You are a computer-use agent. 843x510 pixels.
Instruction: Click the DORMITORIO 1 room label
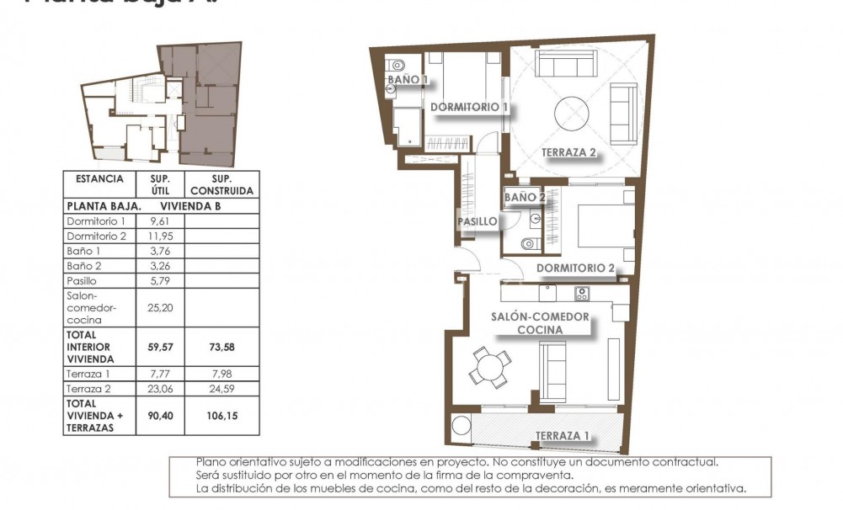point(469,108)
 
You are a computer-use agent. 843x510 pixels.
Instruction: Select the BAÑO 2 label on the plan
point(526,197)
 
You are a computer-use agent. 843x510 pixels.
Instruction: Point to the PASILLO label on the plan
point(476,222)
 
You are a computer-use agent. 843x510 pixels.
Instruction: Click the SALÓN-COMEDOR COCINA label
point(540,323)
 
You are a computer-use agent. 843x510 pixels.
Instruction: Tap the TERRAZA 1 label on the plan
point(562,436)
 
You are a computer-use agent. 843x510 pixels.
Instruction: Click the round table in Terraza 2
point(572,112)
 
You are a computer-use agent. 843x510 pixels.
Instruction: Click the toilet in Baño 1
point(396,65)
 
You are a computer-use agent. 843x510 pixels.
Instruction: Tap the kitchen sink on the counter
point(548,293)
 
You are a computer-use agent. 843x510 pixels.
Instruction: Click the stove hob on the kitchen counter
point(581,293)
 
